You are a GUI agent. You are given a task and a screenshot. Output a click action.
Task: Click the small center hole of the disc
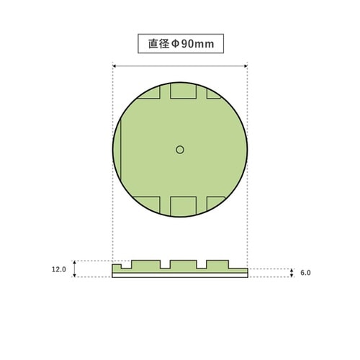[x=180, y=149]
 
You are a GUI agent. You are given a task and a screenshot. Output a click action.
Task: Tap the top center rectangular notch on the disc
[x=182, y=91]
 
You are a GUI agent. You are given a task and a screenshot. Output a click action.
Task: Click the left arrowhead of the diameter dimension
[x=116, y=66]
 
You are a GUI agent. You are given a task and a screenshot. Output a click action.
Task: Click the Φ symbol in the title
[x=174, y=44]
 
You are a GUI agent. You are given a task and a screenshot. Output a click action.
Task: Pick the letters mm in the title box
[x=207, y=44]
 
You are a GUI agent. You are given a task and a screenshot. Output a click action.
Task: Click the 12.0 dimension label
[x=59, y=269]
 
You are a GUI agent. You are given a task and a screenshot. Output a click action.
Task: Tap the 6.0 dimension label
[x=305, y=273]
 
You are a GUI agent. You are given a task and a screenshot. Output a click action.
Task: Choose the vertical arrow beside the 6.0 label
[x=290, y=273]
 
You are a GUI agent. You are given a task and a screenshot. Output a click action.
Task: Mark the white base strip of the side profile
[x=180, y=275]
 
